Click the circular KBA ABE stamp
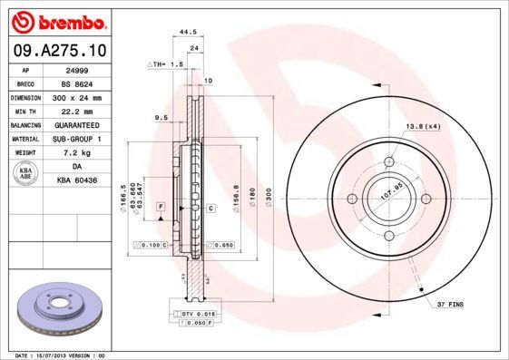click(x=26, y=174)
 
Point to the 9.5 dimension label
click(x=162, y=118)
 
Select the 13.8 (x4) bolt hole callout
click(x=423, y=126)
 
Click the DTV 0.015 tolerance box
click(x=196, y=313)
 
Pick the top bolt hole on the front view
click(x=388, y=161)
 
